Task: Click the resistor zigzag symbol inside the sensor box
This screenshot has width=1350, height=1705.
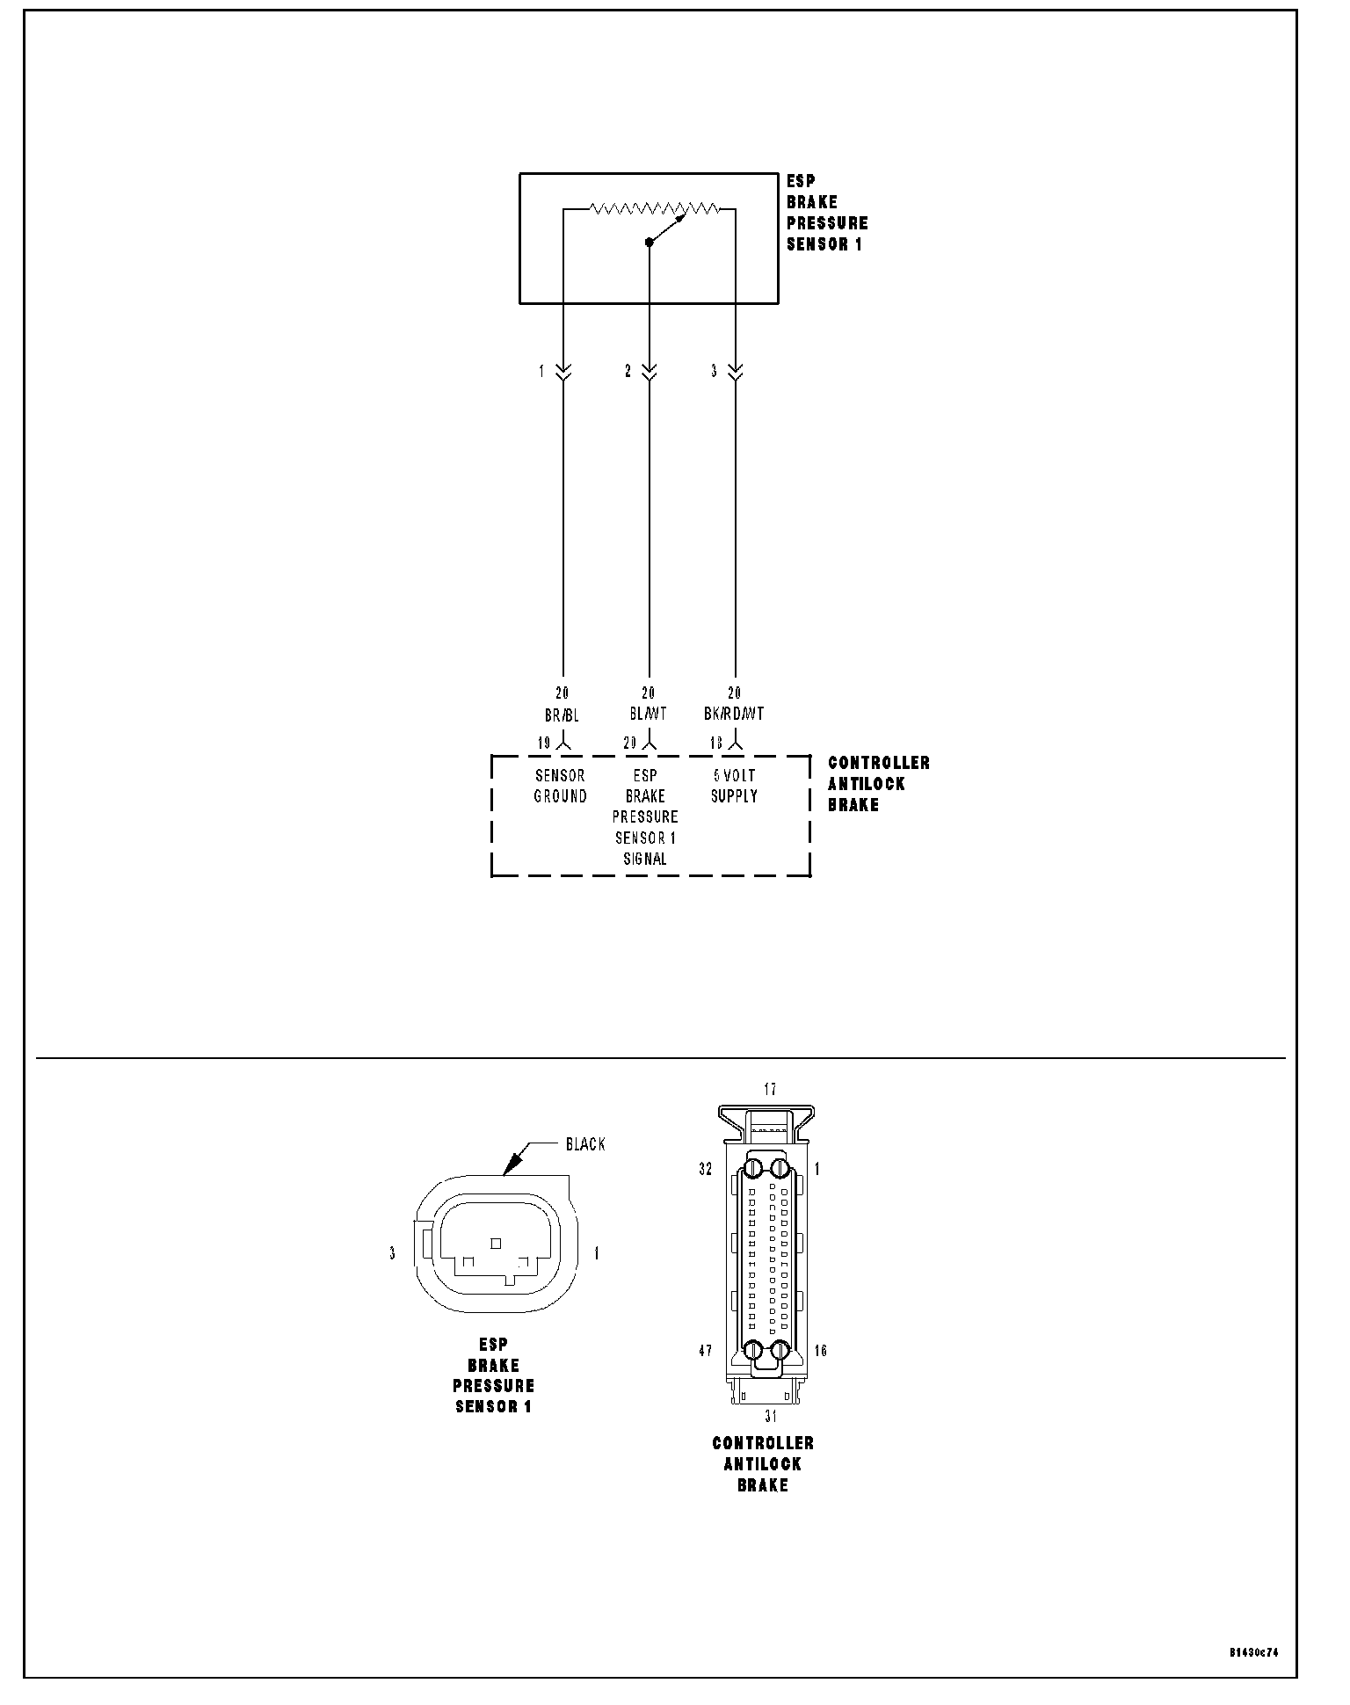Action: click(x=654, y=209)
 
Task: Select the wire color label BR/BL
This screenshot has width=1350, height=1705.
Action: click(x=562, y=715)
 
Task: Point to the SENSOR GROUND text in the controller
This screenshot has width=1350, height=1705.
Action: click(x=561, y=786)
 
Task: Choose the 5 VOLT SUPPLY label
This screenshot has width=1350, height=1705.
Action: click(x=734, y=786)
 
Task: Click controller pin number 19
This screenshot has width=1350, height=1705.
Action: click(x=544, y=744)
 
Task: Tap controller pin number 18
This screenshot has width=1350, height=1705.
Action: click(x=716, y=744)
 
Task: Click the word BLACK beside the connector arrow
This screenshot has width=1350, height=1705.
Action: click(x=585, y=1144)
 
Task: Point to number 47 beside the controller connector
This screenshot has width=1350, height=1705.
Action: click(x=705, y=1351)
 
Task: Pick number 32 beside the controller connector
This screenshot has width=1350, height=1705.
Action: click(x=705, y=1170)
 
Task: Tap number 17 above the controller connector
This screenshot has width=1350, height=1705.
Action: click(x=770, y=1090)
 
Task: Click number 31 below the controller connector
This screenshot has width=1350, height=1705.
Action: click(x=770, y=1417)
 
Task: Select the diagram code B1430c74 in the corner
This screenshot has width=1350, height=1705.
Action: click(x=1253, y=1652)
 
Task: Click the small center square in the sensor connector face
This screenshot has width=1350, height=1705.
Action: click(x=496, y=1243)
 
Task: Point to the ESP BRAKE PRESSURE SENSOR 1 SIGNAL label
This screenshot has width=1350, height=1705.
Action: click(x=645, y=817)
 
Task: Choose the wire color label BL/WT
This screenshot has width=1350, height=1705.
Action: click(x=648, y=715)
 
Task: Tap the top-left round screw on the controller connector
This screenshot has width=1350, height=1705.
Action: click(x=753, y=1169)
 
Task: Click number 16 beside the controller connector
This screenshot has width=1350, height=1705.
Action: click(x=820, y=1351)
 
